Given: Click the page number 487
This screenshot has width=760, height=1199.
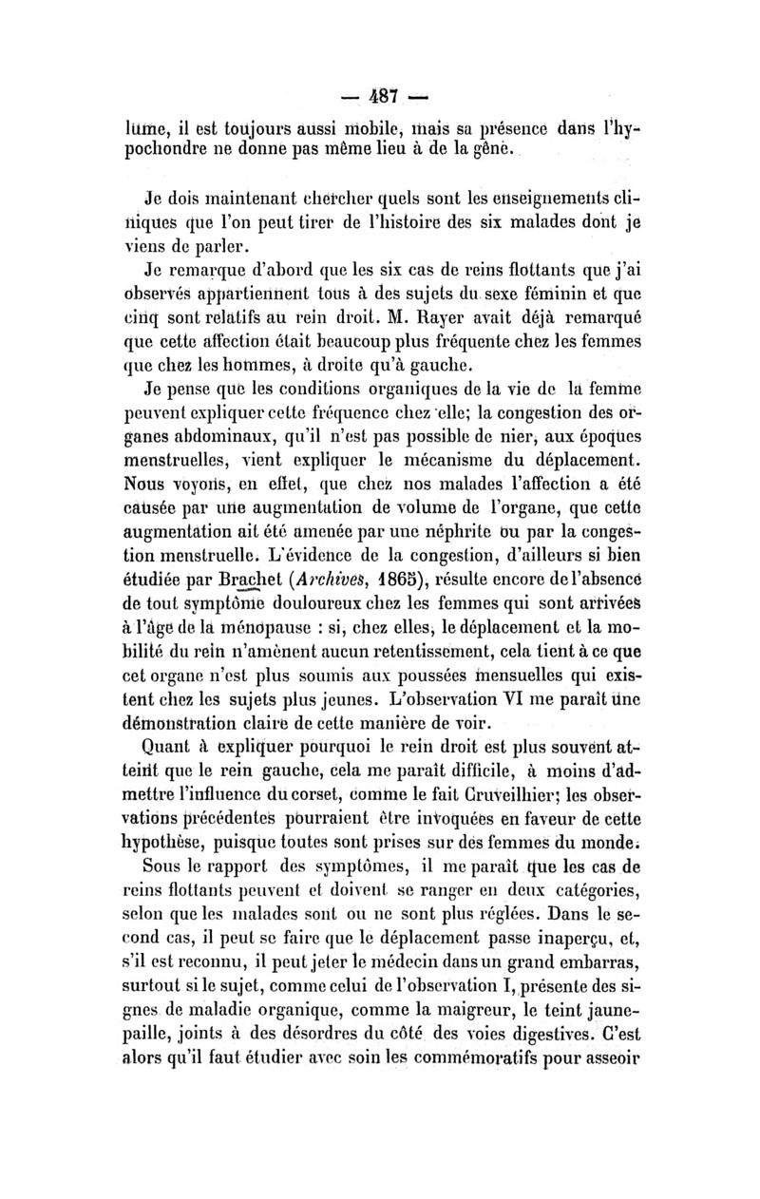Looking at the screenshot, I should [381, 96].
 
